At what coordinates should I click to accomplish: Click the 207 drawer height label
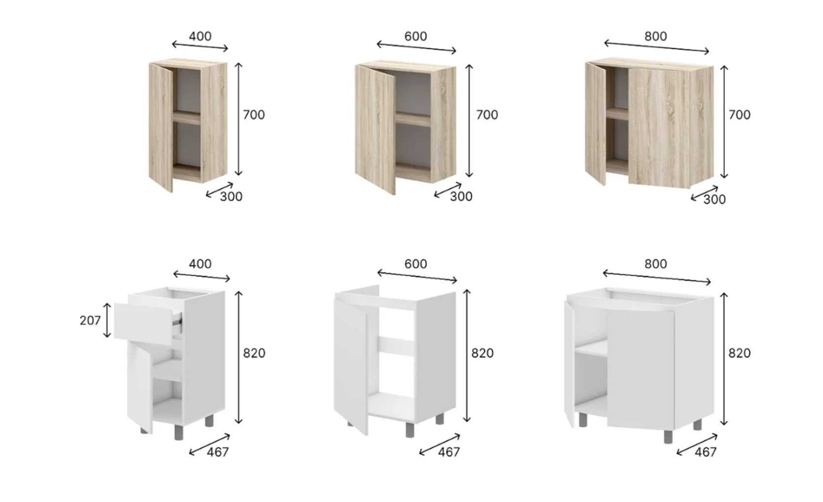(x=90, y=321)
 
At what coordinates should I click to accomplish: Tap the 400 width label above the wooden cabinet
(x=200, y=36)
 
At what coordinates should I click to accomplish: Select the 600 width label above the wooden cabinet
(x=415, y=36)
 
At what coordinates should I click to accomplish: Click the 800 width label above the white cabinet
(x=655, y=264)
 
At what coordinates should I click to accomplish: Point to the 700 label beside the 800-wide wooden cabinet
(x=739, y=115)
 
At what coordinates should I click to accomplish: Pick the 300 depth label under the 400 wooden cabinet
(x=231, y=197)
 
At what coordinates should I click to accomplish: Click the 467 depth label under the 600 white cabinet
(x=449, y=452)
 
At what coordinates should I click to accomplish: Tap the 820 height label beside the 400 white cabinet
(x=254, y=353)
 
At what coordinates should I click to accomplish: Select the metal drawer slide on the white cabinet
(x=178, y=322)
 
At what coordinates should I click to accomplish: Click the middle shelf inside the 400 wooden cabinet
(x=187, y=118)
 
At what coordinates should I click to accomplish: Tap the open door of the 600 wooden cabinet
(x=375, y=129)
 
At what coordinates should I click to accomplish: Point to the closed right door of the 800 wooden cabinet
(x=659, y=129)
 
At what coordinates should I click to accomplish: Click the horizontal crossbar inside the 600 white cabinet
(x=396, y=346)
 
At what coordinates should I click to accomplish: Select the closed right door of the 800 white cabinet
(x=640, y=369)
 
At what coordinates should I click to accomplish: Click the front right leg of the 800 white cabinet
(x=669, y=436)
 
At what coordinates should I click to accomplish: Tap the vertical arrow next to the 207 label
(x=107, y=320)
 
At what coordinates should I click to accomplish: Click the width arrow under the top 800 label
(x=657, y=47)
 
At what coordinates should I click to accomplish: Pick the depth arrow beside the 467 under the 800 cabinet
(x=697, y=445)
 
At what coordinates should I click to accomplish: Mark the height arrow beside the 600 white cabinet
(x=467, y=356)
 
